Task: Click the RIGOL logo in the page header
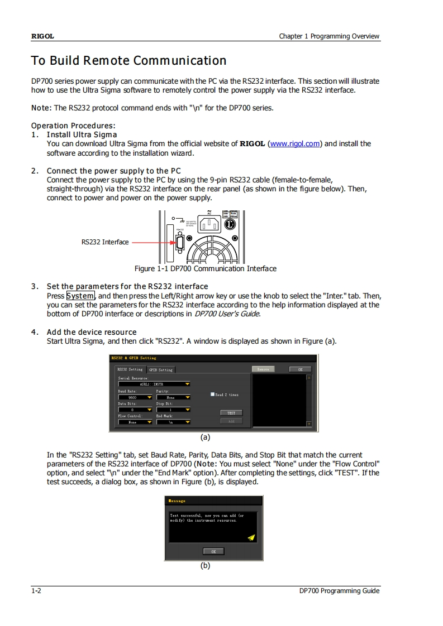pyautogui.click(x=42, y=36)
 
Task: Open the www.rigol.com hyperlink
pyautogui.click(x=295, y=143)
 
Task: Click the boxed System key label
pyautogui.click(x=80, y=296)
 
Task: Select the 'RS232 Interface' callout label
pyautogui.click(x=105, y=242)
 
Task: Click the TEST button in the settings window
pyautogui.click(x=231, y=413)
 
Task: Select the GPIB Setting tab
pyautogui.click(x=161, y=369)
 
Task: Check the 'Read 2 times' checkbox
pyautogui.click(x=213, y=394)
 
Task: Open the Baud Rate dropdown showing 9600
pyautogui.click(x=135, y=398)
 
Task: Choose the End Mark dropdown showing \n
pyautogui.click(x=173, y=422)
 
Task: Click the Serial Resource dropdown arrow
pyautogui.click(x=188, y=384)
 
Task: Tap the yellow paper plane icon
pyautogui.click(x=251, y=537)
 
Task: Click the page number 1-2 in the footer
pyautogui.click(x=36, y=591)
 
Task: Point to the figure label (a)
pyautogui.click(x=206, y=437)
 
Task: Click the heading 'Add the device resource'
pyautogui.click(x=92, y=332)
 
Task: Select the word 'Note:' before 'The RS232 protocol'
pyautogui.click(x=41, y=108)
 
